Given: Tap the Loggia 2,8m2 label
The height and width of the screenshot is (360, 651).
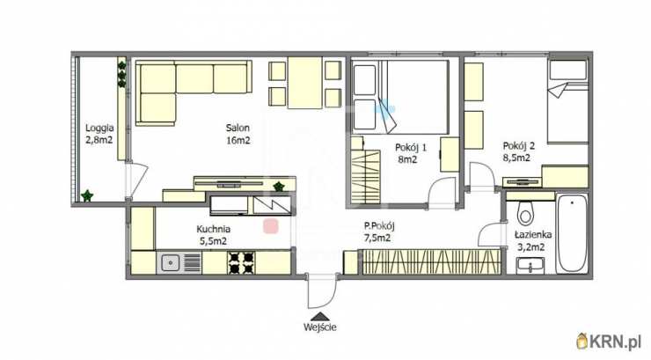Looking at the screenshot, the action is [x=99, y=133].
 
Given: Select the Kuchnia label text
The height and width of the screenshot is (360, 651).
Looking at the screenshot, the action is [x=214, y=229].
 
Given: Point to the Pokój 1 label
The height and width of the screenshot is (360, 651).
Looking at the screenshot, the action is [x=411, y=147].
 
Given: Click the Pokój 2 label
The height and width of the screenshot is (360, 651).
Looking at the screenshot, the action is [x=518, y=146].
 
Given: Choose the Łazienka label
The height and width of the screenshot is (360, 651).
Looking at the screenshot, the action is [x=533, y=235].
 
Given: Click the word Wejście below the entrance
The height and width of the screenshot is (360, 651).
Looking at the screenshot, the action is [x=319, y=327].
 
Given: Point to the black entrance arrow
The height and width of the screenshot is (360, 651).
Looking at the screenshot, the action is [x=319, y=317].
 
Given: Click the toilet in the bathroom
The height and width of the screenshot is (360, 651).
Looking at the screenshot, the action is [x=525, y=214].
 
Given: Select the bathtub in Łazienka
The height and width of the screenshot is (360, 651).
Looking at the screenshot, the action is [x=572, y=233].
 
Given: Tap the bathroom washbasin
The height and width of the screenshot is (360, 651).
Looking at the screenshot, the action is [x=530, y=266].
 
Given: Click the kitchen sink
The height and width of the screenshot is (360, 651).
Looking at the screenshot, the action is [x=170, y=262].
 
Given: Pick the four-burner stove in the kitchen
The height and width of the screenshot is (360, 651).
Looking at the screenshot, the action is [x=241, y=263].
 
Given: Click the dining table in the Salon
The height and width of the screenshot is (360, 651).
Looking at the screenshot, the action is [x=305, y=83].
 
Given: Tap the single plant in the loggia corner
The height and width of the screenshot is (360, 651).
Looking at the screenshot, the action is [x=87, y=195].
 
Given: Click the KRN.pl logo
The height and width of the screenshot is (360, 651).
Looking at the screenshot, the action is [x=609, y=342].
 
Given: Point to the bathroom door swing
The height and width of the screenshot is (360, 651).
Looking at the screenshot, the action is [x=490, y=235].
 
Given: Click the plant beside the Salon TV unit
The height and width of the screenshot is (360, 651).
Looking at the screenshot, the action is [x=279, y=187].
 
